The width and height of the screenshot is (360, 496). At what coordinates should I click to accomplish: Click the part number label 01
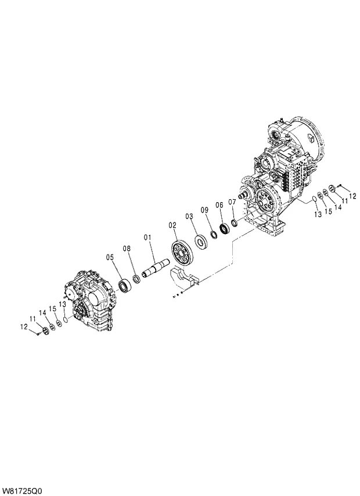pos(147,237)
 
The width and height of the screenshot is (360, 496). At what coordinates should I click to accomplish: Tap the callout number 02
pos(172,224)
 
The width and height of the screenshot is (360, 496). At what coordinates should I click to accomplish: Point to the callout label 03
pos(189,216)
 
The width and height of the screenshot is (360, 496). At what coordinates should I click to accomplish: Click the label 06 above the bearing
pos(219,205)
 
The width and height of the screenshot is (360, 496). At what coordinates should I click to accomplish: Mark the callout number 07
pos(232,202)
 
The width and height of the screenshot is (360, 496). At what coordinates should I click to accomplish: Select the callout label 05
pos(110,257)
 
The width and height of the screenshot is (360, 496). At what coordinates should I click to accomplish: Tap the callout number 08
pos(126,249)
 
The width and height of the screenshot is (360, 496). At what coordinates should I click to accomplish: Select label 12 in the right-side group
pos(352,195)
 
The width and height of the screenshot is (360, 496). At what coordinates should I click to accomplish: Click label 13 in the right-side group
pos(318,214)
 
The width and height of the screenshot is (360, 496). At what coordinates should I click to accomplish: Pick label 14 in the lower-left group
pos(42,313)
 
